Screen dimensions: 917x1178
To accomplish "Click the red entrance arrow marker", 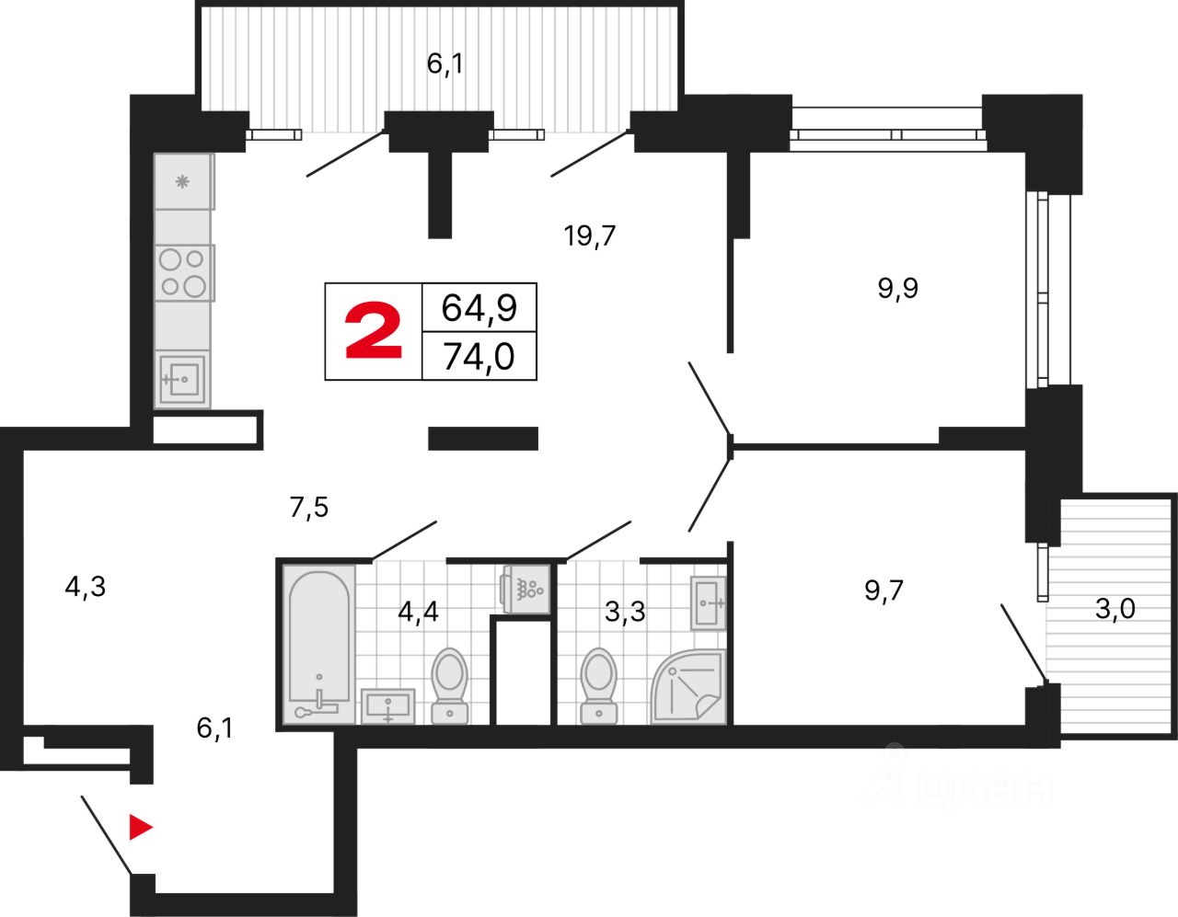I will [140, 828].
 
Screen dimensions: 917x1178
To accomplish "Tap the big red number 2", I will [374, 332].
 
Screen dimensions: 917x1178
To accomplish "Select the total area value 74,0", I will [479, 356].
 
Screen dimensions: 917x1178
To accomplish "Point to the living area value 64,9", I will [479, 307].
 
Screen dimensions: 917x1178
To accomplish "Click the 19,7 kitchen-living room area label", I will [590, 236].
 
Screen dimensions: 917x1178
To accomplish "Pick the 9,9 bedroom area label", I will [897, 289].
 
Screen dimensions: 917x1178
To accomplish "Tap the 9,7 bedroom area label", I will [883, 590].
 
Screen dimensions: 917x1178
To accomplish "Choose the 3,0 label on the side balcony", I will [1114, 609].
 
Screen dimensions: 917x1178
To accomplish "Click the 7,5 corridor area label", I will [309, 507].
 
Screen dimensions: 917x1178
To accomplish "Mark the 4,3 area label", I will [86, 586].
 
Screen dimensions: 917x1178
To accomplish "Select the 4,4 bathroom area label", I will [418, 612].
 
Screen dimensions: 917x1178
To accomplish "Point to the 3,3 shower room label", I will [625, 612].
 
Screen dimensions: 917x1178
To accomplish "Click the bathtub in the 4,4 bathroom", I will [318, 644].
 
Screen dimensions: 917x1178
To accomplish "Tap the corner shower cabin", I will [689, 686].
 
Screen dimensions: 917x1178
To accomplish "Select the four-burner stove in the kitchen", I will [183, 272].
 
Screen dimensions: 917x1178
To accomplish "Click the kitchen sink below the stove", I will [182, 378].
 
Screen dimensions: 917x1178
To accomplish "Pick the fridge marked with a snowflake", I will [183, 181].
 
